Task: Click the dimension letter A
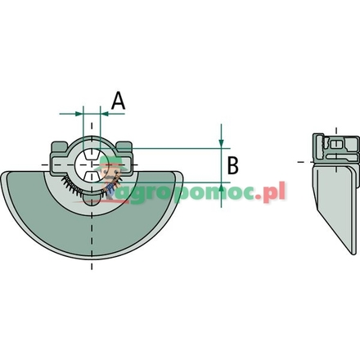(x=119, y=101)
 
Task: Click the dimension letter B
(x=232, y=166)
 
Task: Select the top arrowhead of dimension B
(x=221, y=143)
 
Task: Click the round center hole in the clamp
(x=91, y=164)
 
